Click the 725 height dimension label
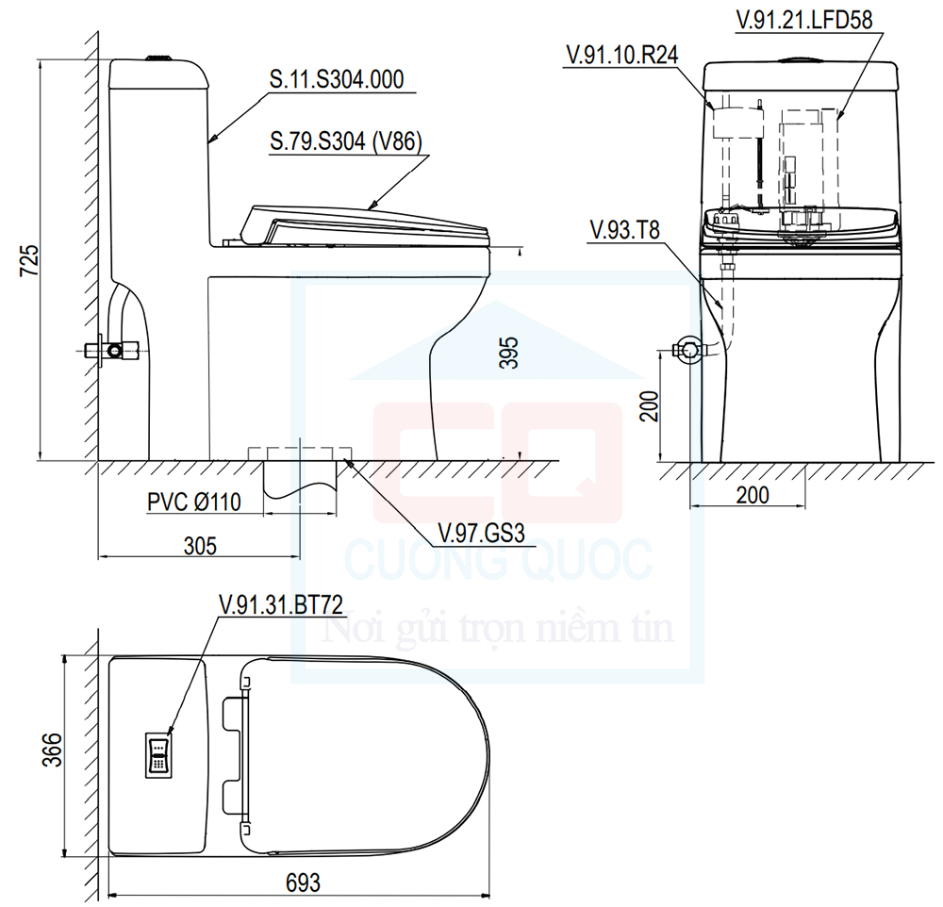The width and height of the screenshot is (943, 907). click(30, 260)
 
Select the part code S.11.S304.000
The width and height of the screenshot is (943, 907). click(337, 79)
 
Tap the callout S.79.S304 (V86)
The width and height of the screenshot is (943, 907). click(346, 142)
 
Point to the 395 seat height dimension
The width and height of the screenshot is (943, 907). click(508, 353)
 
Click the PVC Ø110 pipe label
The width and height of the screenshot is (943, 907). click(194, 502)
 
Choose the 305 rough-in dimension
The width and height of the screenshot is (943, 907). click(200, 546)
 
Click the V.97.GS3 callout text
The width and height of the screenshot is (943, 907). click(482, 533)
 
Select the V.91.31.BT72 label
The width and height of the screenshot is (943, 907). click(281, 605)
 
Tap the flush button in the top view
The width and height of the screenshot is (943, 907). click(158, 755)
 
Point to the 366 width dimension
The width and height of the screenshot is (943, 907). click(53, 750)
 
